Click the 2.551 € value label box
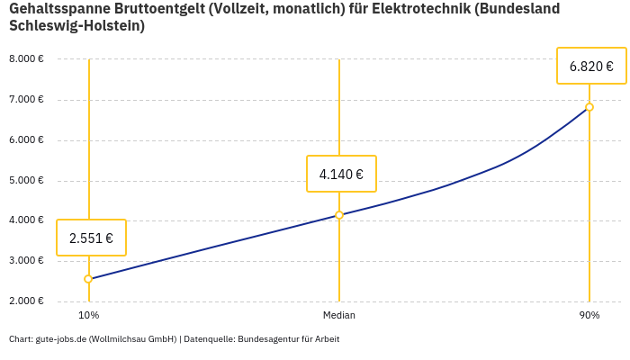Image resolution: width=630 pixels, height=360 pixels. (91, 238)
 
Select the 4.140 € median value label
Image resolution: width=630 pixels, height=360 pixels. (341, 174)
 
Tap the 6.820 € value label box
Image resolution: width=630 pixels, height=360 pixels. (591, 66)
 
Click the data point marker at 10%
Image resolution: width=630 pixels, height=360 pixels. (88, 279)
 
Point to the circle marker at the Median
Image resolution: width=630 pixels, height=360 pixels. (339, 215)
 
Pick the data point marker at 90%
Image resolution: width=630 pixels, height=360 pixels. (589, 107)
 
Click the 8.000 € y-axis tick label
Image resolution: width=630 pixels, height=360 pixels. (26, 59)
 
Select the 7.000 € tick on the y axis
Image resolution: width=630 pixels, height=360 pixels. (26, 100)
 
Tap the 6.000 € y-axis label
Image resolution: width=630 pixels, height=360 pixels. (26, 140)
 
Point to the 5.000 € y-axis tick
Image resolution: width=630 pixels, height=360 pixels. (26, 180)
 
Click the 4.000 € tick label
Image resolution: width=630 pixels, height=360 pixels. (26, 220)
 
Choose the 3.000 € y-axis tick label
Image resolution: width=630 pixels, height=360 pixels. (26, 261)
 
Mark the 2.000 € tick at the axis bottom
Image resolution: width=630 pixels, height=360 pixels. (26, 301)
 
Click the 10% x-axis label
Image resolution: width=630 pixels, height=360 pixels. (88, 316)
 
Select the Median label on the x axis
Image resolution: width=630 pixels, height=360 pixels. (339, 316)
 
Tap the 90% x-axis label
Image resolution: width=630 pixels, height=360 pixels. (589, 316)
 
